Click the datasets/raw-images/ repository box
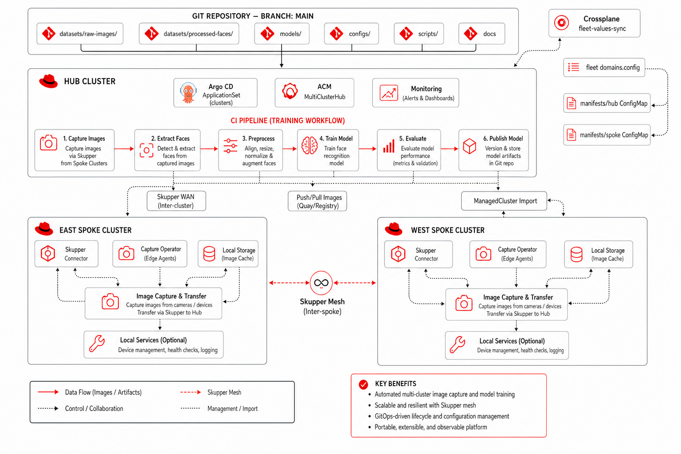pos(80,33)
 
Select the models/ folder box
pos(282,33)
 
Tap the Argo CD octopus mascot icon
pos(188,93)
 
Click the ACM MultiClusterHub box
pos(314,93)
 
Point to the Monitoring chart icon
pos(389,93)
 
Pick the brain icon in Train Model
pos(309,145)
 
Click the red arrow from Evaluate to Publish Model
pos(449,149)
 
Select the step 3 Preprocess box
pos(250,150)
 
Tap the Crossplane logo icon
pos(561,23)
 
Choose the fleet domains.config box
pos(604,67)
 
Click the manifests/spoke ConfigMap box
pos(607,135)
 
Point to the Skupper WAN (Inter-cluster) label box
pos(176,201)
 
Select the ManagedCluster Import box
pos(504,201)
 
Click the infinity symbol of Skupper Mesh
pos(321,283)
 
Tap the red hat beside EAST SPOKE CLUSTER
pos(44,229)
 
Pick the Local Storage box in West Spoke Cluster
pos(598,254)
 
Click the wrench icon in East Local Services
pos(97,344)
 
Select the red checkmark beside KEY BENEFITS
pos(363,384)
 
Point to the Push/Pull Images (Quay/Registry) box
pos(317,201)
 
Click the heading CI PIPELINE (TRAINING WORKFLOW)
pos(288,121)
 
